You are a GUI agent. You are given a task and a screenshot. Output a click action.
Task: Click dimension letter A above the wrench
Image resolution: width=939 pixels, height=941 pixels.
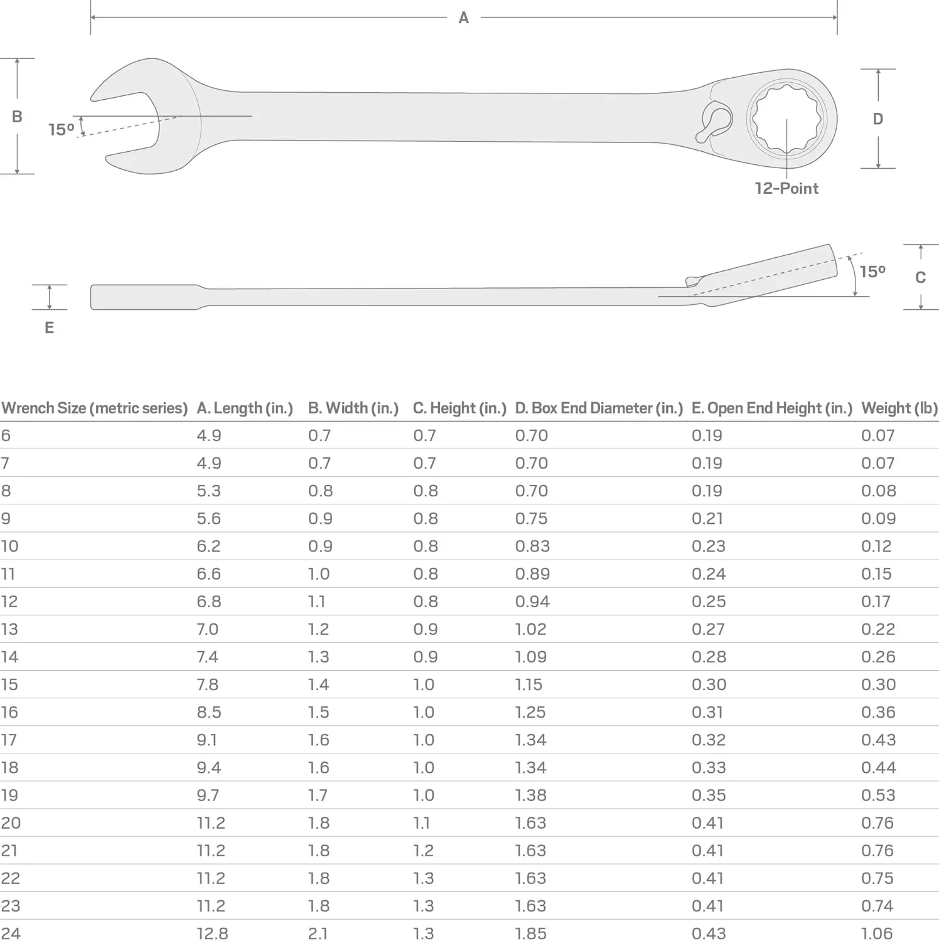tap(463, 18)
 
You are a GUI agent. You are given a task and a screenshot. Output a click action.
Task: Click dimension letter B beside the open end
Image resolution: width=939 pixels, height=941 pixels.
tap(17, 116)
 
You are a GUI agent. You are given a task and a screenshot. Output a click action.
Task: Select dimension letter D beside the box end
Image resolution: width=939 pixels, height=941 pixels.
tap(878, 119)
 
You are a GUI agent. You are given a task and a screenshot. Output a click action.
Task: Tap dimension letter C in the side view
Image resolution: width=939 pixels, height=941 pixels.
tap(920, 277)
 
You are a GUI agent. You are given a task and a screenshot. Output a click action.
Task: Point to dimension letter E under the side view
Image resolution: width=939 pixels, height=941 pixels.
tap(49, 327)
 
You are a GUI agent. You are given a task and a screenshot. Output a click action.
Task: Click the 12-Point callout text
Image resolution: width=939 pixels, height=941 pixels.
tap(786, 188)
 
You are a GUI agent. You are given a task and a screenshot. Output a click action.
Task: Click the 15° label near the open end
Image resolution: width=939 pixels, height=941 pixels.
tap(61, 129)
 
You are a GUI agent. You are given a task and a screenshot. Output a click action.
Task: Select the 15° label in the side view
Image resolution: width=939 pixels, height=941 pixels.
tap(872, 271)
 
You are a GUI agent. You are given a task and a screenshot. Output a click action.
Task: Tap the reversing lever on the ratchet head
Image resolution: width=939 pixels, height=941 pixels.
tap(714, 120)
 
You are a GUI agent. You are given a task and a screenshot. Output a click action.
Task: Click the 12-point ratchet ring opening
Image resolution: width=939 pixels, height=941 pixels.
tap(788, 119)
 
